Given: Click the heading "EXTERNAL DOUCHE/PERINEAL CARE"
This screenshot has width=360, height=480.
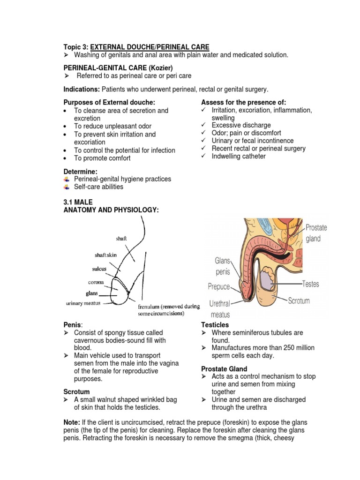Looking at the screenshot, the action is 150,47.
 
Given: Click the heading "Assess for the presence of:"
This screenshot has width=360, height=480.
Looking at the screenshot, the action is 243,103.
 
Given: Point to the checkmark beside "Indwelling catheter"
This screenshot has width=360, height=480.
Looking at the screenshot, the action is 203,156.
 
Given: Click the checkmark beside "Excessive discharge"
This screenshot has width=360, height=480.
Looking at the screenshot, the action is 203,125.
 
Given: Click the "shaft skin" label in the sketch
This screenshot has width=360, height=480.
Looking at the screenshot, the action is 105,255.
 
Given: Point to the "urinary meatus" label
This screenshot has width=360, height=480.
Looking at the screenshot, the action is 83,303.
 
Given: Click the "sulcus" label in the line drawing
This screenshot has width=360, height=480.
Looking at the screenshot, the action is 99,269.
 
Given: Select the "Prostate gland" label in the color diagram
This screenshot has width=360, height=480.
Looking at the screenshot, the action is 316,233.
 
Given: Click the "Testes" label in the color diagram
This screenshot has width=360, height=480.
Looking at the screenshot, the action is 310,284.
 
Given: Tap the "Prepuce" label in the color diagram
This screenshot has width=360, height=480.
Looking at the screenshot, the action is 219,286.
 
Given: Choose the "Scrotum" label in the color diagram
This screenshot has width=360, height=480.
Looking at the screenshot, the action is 299,300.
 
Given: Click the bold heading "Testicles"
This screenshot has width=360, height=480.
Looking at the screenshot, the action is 215,325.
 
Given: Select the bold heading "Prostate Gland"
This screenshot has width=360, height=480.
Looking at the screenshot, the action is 224,369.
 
